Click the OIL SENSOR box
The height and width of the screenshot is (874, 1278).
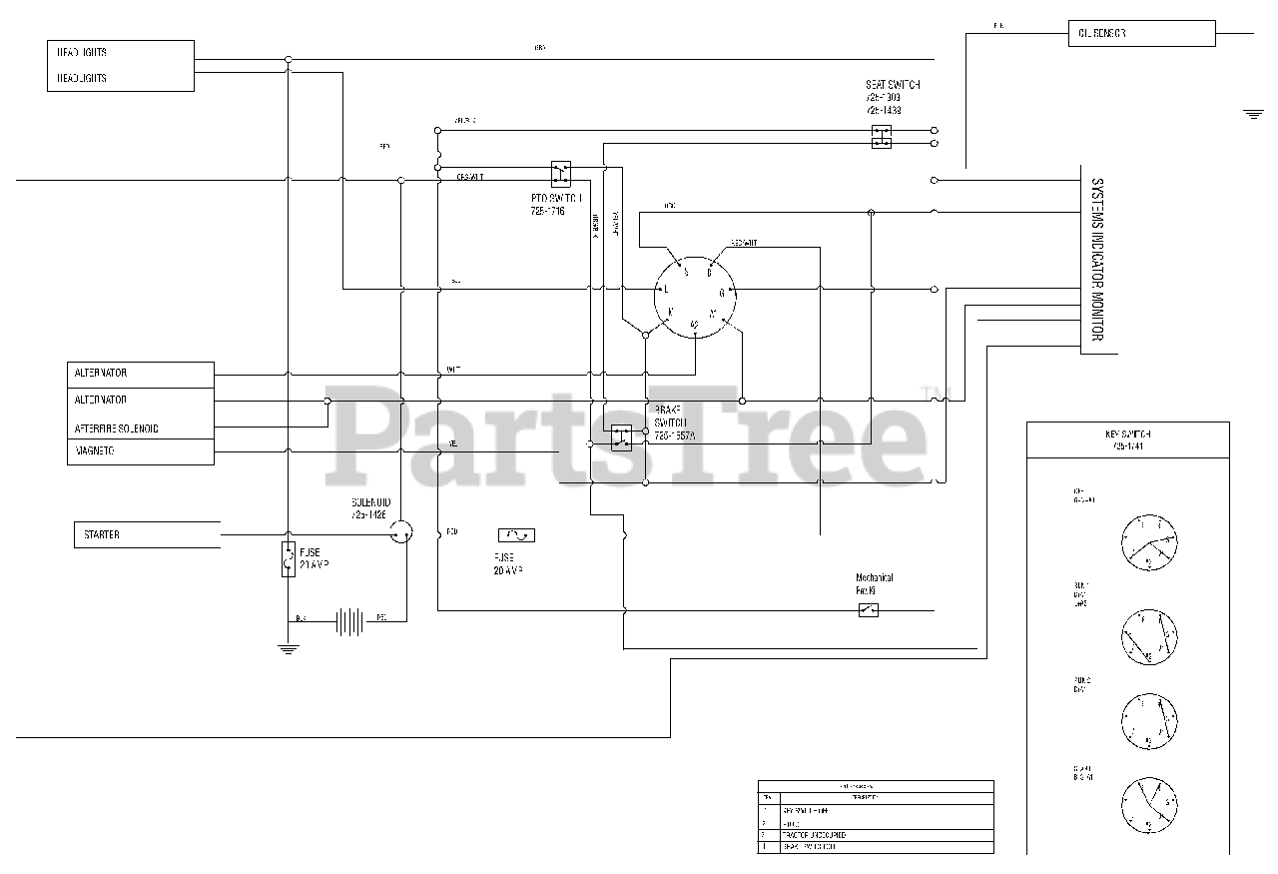(x=1141, y=33)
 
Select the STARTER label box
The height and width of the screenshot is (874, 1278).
(x=147, y=534)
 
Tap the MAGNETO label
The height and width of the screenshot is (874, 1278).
(x=94, y=451)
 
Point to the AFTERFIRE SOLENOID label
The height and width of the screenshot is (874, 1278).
(x=117, y=428)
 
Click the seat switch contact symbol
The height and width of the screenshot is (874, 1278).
(x=881, y=137)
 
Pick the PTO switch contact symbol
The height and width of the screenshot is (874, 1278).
(x=561, y=171)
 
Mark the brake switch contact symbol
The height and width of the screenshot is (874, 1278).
(x=621, y=437)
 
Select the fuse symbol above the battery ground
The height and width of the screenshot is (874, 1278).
(x=288, y=559)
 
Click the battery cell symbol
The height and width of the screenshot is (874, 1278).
(x=348, y=622)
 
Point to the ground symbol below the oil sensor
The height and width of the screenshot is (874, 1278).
(x=1253, y=115)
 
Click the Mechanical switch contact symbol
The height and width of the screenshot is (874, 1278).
(x=868, y=609)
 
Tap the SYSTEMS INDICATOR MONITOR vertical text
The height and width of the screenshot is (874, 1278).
(x=1096, y=259)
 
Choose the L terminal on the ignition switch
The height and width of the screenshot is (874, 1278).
(x=665, y=289)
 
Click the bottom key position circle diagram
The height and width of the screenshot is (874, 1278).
(x=1149, y=805)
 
